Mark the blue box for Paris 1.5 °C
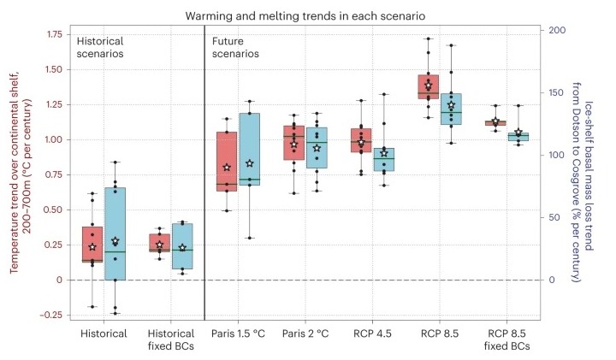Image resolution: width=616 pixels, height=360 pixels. [x=250, y=149]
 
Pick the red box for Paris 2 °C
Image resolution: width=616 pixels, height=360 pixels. [x=293, y=143]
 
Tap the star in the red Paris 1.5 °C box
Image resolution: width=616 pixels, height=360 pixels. [x=227, y=168]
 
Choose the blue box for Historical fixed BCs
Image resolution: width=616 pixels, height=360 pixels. [x=182, y=246]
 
